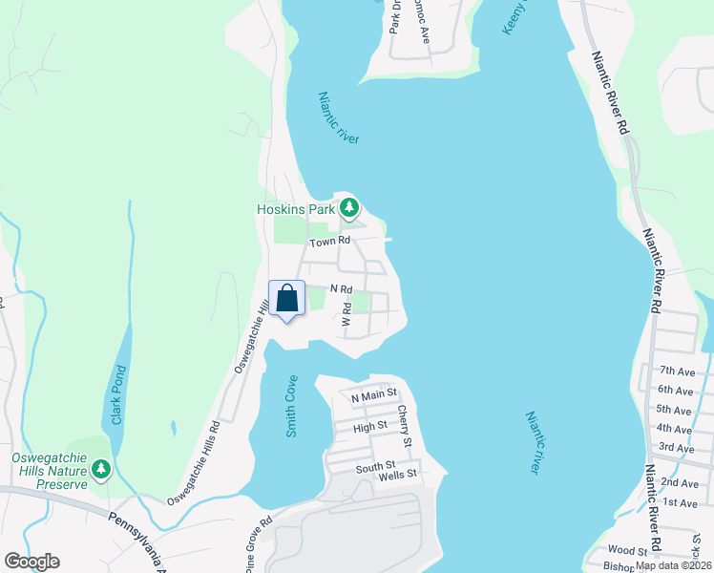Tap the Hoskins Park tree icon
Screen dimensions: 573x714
(x=349, y=206)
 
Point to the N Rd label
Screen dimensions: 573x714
(x=342, y=288)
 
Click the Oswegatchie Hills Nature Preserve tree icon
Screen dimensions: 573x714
(x=101, y=469)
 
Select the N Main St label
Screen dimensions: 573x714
(x=373, y=396)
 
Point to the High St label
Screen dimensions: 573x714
(x=369, y=426)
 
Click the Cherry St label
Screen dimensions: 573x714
(x=405, y=427)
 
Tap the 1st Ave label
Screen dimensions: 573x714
(x=679, y=502)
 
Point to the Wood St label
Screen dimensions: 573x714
(x=627, y=550)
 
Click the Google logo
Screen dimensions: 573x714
(x=31, y=561)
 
